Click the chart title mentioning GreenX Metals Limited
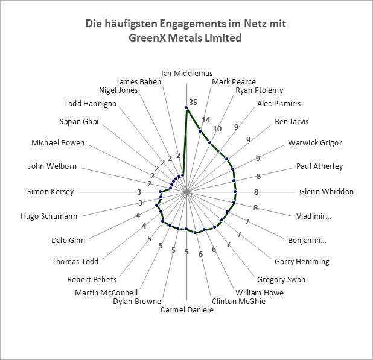coord(185,30)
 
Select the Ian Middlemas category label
coord(186,73)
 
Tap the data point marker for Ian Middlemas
coord(186,109)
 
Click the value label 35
coord(193,102)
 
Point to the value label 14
coord(206,120)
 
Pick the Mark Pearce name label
coord(234,82)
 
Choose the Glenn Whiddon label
coord(327,192)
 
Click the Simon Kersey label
coord(51,192)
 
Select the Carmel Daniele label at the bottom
coord(187,309)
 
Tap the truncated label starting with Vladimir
coord(313,216)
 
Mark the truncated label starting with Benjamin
coord(307,241)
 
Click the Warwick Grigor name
coord(315,142)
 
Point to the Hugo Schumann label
coord(49,216)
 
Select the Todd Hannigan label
coord(90,104)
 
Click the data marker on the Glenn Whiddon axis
coord(235,192)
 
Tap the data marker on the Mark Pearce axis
coord(200,131)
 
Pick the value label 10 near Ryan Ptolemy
coord(217,129)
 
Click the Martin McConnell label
coord(106,292)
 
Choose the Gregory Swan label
coord(281,279)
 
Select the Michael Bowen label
coord(58,142)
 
